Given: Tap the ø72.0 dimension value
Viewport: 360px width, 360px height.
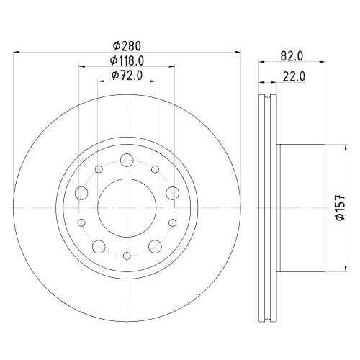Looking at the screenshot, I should click(x=127, y=76).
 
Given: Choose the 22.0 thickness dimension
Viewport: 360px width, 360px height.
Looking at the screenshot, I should click(x=292, y=76).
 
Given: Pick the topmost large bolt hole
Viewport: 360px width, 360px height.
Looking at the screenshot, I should click(x=127, y=160).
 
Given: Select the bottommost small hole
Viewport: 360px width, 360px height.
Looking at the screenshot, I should click(x=127, y=253).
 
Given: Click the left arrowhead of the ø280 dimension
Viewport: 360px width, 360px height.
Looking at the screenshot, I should click(x=18, y=52).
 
